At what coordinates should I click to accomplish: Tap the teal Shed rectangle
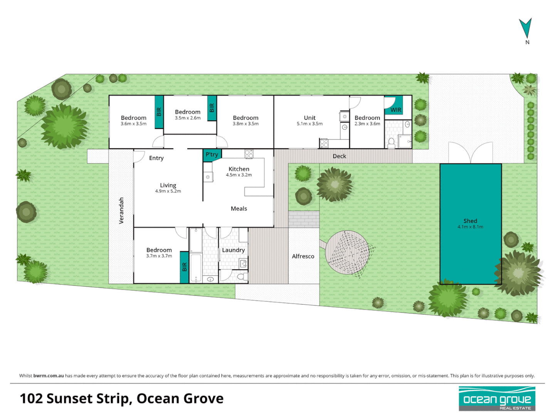coord(471,224)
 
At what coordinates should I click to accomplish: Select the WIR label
coord(396,110)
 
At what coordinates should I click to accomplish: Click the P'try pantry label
coord(212,154)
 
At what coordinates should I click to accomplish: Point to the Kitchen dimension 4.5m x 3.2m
coord(239,175)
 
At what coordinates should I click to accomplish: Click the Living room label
coord(168,185)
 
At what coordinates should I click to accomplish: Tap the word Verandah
coord(121,210)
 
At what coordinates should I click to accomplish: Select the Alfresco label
coord(303,256)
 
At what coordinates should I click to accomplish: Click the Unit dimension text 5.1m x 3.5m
coord(309,124)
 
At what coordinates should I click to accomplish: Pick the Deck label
coord(339,156)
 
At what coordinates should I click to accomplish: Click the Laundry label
coord(233,250)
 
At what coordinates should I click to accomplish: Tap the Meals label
coord(239,208)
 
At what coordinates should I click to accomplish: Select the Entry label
coord(156,158)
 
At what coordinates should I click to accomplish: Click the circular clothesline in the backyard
coord(347,252)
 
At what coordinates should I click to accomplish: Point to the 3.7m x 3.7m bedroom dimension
coord(159,256)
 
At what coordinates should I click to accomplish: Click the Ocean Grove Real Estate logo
coord(497,399)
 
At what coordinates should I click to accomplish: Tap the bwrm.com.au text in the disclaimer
coord(49,376)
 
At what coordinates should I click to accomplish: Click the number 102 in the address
coord(31,399)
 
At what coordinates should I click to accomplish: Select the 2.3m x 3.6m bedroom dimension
coord(367,124)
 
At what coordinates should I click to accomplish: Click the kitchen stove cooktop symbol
coord(249,154)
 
